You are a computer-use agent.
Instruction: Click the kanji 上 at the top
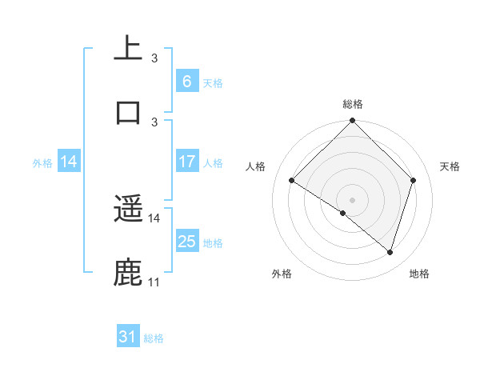pos(128,47)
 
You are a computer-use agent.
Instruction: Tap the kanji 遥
pos(128,210)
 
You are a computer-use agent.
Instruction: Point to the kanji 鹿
pos(128,272)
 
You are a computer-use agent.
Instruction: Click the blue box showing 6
pos(186,81)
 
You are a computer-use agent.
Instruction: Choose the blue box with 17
pos(186,161)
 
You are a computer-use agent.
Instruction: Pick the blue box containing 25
pos(186,241)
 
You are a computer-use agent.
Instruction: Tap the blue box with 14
pos(69,161)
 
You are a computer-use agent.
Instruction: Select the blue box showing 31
pos(128,337)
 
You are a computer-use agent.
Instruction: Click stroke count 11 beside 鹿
pos(154,282)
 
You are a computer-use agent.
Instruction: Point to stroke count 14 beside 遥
pos(154,218)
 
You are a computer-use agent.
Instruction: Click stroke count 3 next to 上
pos(154,58)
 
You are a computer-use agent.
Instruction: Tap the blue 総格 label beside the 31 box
pos(154,338)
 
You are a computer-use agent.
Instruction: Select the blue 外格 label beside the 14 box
pos(42,162)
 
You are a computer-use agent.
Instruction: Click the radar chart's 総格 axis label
pos(352,104)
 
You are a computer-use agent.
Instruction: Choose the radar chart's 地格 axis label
pos(419,274)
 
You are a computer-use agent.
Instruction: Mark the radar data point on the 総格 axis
pos(352,122)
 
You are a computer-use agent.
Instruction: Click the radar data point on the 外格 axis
pos(343,213)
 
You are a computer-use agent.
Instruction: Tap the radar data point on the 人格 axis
pos(292,181)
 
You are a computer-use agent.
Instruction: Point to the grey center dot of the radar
pos(352,199)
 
